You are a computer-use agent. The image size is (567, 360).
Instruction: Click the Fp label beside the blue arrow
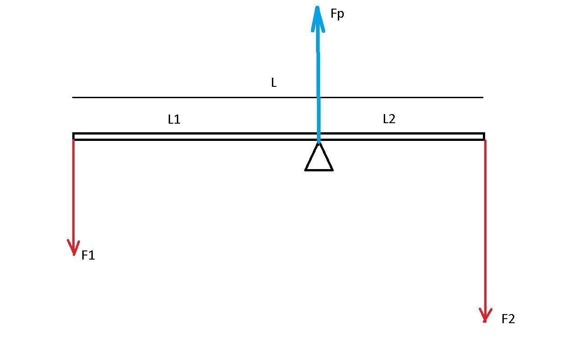coord(337,14)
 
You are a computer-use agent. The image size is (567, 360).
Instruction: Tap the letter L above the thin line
coord(273,83)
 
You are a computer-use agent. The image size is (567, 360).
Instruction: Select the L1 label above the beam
coord(174,120)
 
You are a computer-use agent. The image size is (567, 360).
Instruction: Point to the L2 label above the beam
coord(389,119)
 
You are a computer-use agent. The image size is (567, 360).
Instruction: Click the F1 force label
coord(88,255)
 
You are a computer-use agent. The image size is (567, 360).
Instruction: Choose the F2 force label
coord(508,319)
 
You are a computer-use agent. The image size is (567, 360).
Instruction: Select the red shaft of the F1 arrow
coord(73,191)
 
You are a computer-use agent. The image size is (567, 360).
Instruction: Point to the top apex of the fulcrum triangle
coord(319,144)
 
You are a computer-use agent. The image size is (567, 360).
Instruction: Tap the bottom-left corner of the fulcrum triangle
coord(306,170)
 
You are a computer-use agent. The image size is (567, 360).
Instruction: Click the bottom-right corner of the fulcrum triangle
coord(332,170)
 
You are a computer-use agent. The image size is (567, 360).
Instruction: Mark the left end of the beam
coord(74,136)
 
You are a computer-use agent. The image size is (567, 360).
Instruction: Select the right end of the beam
coord(483,136)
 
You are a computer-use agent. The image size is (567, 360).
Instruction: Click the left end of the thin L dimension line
coord(73,97)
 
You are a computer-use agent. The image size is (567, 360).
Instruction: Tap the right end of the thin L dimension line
coord(482,97)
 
